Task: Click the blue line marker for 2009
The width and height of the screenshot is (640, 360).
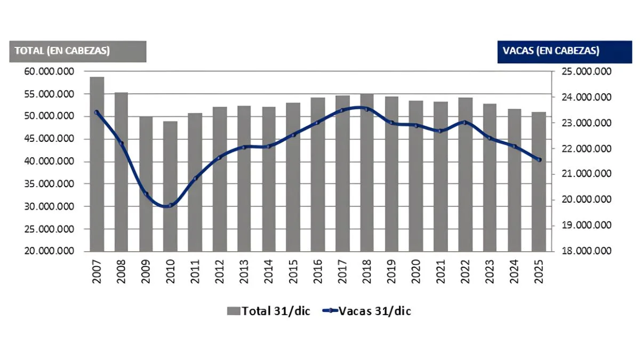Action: tap(146, 194)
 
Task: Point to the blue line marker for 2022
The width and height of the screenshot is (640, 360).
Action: tap(465, 123)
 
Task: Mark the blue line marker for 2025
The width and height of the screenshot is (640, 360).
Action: tap(539, 159)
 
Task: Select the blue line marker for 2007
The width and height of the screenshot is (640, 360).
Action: tap(97, 112)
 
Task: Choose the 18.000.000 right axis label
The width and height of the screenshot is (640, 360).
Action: tap(586, 251)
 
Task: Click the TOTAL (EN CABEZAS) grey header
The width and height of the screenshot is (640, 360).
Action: tap(78, 51)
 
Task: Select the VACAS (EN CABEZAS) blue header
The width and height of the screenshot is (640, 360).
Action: tap(557, 51)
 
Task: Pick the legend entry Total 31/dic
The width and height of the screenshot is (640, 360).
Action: tap(269, 311)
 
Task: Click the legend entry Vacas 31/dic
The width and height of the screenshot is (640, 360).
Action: tap(368, 311)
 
